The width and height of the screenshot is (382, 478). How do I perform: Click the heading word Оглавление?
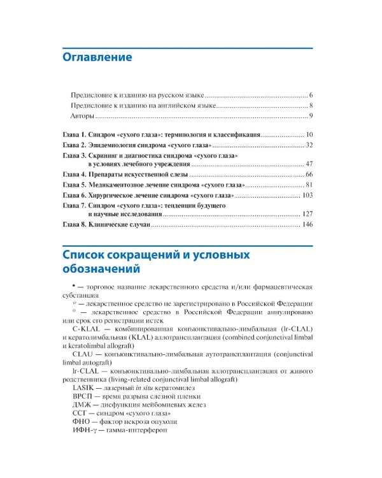coord(97,57)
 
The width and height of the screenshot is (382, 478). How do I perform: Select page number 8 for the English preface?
coord(311,105)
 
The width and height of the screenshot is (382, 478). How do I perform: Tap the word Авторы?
coord(82,116)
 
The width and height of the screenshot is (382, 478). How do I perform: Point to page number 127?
coord(308,214)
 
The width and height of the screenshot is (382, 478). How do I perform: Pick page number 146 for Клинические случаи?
coord(308,225)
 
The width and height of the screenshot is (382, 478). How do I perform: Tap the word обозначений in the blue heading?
coord(104,270)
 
